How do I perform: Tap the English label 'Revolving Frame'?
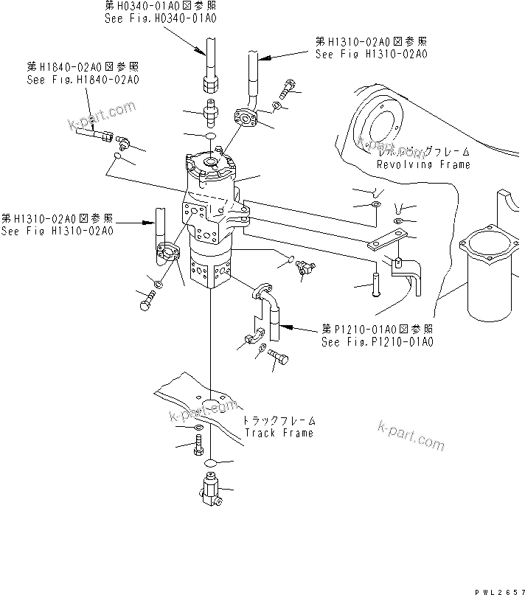click(423, 165)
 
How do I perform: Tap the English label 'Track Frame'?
click(279, 433)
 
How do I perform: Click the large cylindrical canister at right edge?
click(487, 276)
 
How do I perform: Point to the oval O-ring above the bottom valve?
click(209, 463)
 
